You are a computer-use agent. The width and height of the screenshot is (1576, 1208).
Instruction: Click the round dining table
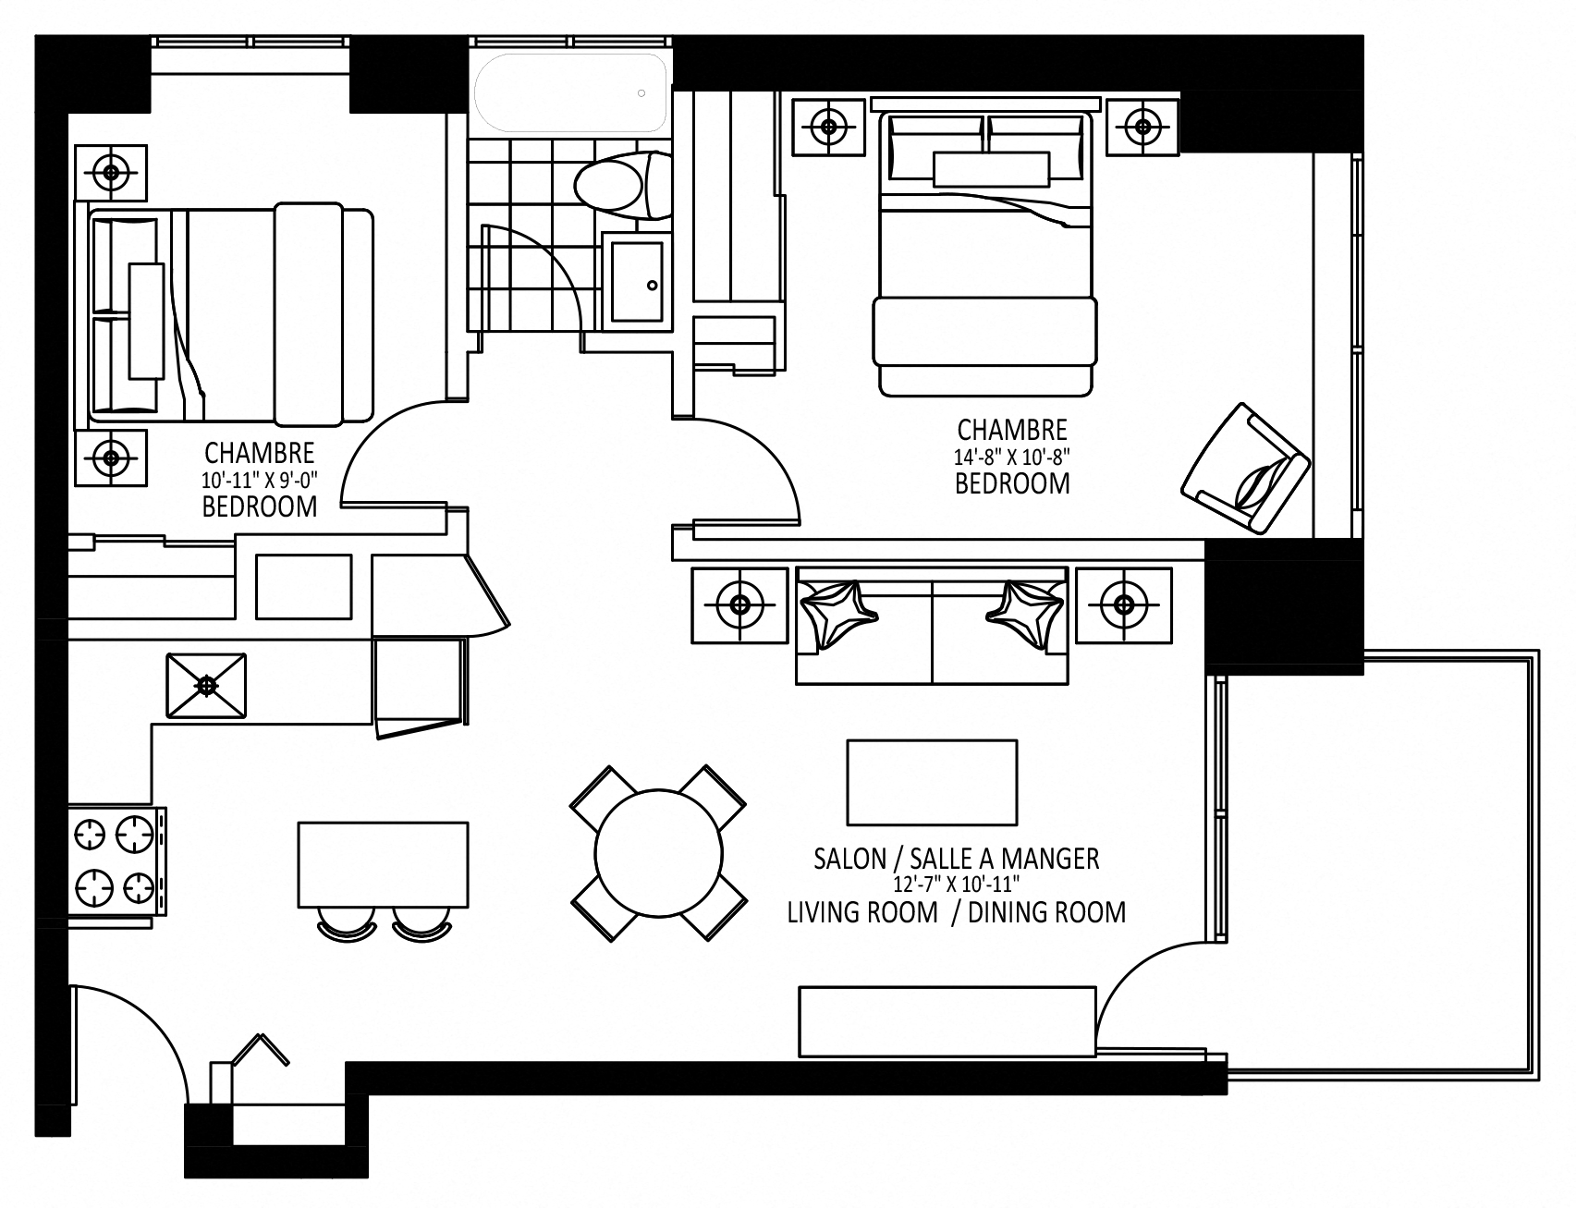(658, 852)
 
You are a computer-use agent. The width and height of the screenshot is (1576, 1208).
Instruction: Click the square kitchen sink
(206, 685)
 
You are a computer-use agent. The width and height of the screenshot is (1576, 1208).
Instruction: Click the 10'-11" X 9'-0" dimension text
(259, 480)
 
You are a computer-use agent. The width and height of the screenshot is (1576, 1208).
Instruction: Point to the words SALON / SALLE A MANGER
(956, 859)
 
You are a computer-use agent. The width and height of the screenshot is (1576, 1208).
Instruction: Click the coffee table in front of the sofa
(932, 782)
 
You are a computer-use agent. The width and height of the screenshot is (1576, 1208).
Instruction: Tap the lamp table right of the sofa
(1123, 605)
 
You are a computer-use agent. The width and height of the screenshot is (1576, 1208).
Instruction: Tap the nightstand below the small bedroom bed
(111, 457)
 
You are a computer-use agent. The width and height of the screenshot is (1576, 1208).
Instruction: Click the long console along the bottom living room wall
(947, 1021)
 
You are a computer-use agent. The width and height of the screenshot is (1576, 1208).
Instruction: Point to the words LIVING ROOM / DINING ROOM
(956, 912)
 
